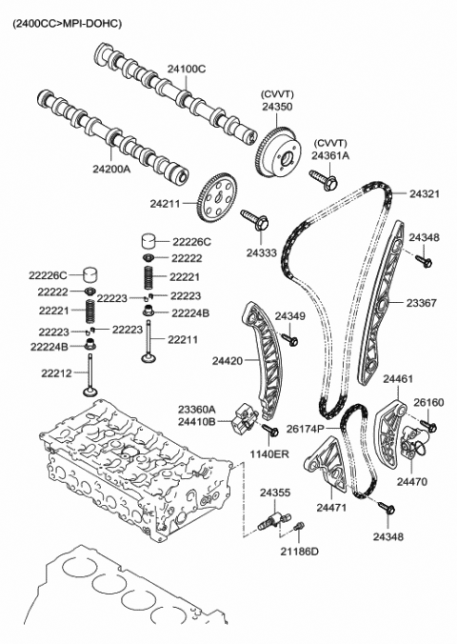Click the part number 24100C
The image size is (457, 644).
pyautogui.click(x=187, y=69)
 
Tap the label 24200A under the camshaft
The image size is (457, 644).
pyautogui.click(x=111, y=169)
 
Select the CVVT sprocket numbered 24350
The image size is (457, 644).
pyautogui.click(x=279, y=152)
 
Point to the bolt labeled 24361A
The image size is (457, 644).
pyautogui.click(x=324, y=180)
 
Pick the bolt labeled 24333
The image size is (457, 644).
pyautogui.click(x=254, y=220)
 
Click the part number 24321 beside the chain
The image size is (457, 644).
pyautogui.click(x=424, y=193)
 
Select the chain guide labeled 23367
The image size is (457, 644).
pyautogui.click(x=381, y=302)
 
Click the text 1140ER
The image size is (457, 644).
pyautogui.click(x=269, y=454)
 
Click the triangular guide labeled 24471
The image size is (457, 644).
pyautogui.click(x=328, y=465)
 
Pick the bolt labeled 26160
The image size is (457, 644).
pyautogui.click(x=429, y=426)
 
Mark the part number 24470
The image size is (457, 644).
pyautogui.click(x=412, y=481)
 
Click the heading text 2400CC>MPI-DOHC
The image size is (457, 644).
pyautogui.click(x=67, y=24)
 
